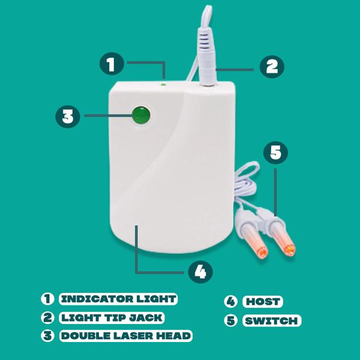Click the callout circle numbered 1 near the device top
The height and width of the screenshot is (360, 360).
click(x=112, y=64)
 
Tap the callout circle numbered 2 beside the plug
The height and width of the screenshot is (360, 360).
click(x=272, y=67)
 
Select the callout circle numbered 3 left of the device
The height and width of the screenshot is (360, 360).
click(x=68, y=116)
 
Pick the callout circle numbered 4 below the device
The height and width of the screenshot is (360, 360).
click(x=200, y=272)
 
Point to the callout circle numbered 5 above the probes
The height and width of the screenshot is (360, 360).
click(x=275, y=152)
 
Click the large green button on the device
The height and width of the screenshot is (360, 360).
click(x=142, y=115)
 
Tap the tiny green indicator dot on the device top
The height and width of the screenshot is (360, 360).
click(x=163, y=85)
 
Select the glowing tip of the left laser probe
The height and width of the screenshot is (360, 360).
click(x=262, y=253)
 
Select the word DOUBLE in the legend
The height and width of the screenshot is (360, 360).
click(x=86, y=336)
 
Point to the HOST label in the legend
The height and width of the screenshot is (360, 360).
click(x=263, y=301)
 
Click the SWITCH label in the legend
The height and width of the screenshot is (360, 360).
click(x=271, y=320)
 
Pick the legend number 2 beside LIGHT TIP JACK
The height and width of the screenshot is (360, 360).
click(x=47, y=318)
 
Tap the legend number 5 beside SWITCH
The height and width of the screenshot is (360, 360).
click(x=230, y=320)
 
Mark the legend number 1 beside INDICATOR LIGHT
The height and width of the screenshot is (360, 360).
click(x=47, y=299)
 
